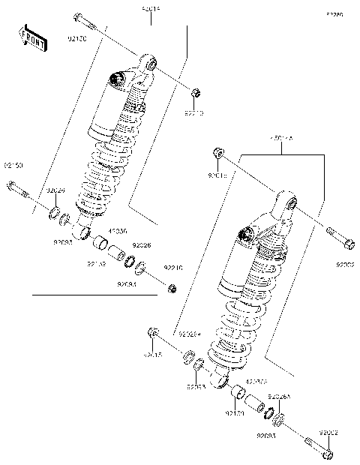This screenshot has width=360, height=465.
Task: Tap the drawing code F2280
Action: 334,14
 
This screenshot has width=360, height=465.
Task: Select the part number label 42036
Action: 118,232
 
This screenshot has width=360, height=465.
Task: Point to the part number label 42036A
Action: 257,382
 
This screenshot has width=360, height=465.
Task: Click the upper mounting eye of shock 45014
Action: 149,64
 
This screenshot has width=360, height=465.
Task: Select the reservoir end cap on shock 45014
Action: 115,78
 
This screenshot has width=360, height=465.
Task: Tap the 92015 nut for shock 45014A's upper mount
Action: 217,154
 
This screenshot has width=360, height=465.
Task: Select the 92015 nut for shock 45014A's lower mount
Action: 152,332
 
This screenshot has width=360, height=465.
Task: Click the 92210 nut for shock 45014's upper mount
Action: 195,93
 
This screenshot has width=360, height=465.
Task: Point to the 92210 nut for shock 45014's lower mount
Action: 172,287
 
